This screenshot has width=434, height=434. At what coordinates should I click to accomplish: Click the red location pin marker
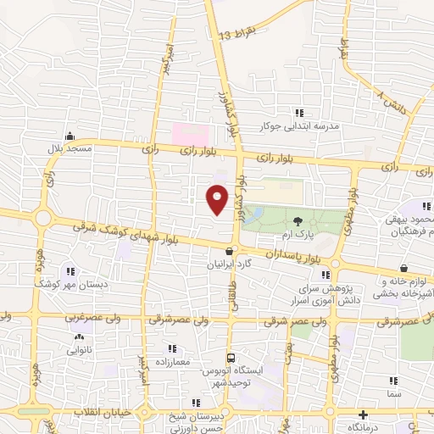[x=218, y=198]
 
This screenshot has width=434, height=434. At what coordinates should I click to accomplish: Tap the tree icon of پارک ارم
[x=297, y=221]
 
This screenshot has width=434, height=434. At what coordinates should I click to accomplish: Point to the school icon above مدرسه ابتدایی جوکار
[x=298, y=112]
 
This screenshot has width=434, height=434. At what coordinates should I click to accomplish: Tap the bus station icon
[x=230, y=359]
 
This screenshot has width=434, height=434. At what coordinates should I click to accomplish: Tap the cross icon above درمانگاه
[x=364, y=415]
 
